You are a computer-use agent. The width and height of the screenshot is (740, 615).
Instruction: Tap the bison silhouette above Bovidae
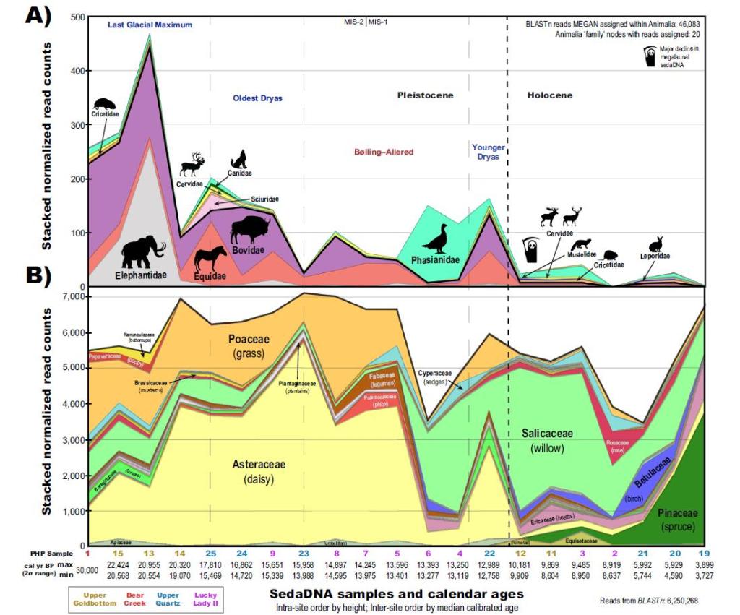[250, 230]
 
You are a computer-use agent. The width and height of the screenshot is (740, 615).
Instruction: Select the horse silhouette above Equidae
[210, 258]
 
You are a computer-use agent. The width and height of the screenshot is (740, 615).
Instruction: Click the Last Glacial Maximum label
[150, 25]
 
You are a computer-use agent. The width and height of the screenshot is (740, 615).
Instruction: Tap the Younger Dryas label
[489, 152]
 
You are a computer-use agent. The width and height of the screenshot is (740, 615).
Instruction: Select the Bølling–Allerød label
[387, 152]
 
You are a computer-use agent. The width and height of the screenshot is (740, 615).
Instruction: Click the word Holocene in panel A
[549, 95]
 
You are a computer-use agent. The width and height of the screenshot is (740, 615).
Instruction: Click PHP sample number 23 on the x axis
[304, 552]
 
